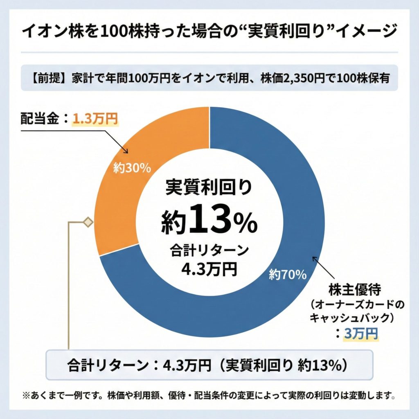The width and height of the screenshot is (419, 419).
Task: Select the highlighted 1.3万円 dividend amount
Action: pos(95,119)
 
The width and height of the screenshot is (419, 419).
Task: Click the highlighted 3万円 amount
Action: pos(360,334)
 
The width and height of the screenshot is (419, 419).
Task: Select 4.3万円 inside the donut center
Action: pos(209,269)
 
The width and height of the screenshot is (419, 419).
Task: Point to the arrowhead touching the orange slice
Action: pos(126,151)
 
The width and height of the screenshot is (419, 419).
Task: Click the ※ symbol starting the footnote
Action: pos(26,396)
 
